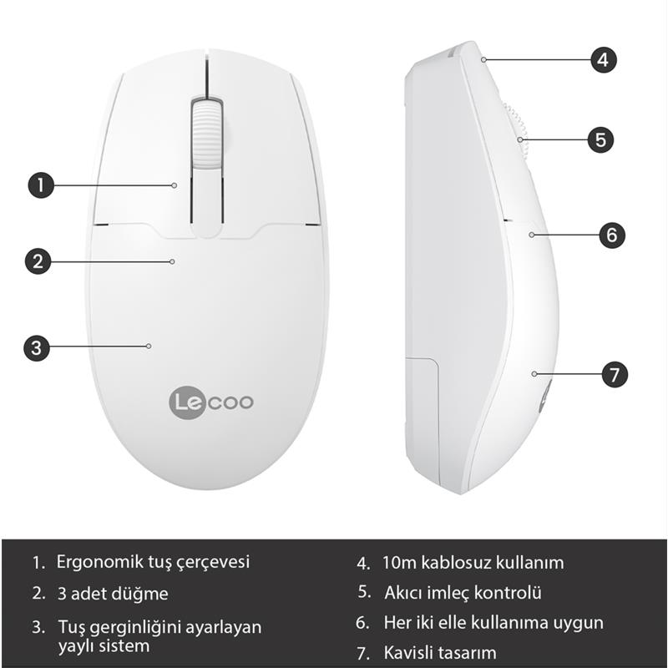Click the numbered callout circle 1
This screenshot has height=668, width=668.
(41, 185)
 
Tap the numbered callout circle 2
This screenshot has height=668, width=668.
(38, 261)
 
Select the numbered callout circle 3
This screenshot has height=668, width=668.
(37, 348)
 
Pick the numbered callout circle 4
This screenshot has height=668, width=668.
(604, 59)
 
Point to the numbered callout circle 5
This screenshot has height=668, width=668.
(600, 139)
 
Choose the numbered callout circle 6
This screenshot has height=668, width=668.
(612, 235)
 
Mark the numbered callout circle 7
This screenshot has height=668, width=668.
(615, 374)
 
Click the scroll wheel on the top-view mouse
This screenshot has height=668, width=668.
(207, 134)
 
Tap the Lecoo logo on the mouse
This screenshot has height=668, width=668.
(211, 402)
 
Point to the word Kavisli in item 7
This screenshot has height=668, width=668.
(407, 653)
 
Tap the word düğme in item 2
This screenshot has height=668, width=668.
(144, 594)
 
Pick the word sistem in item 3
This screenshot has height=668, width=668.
(124, 645)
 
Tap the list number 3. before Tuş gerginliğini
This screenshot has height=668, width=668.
(38, 627)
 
